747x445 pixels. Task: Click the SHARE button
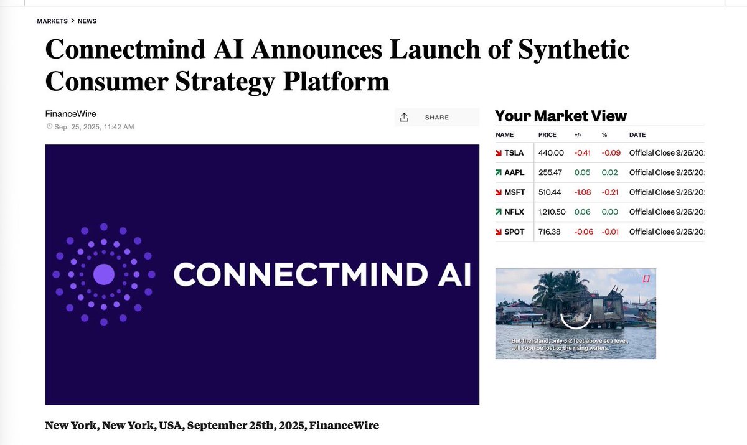tap(436, 118)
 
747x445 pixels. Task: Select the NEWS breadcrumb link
tap(87, 21)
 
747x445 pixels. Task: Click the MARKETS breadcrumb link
tap(52, 21)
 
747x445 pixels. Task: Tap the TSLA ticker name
tap(514, 152)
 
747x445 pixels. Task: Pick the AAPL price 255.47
tap(550, 172)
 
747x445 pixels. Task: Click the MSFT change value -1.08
tap(583, 192)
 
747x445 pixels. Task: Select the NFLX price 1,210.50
tap(552, 212)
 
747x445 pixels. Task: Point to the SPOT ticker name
tap(515, 232)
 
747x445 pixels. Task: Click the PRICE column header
tap(547, 135)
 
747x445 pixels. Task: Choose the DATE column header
tap(637, 135)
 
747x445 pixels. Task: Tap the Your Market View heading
tap(560, 116)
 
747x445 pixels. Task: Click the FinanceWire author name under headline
tap(70, 114)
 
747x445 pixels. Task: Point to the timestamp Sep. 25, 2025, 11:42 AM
tap(94, 127)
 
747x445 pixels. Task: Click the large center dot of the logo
tap(104, 274)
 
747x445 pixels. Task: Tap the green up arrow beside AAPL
tap(499, 172)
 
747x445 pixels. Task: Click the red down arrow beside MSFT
tap(499, 192)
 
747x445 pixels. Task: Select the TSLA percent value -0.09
tap(610, 152)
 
